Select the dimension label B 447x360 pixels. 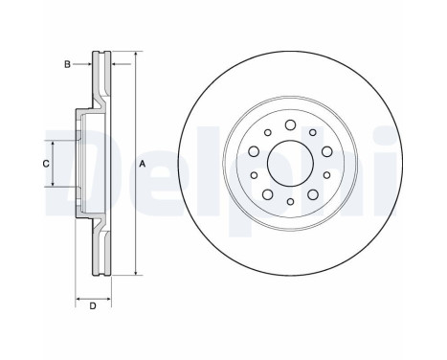pos(67,65)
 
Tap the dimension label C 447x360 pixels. pos(44,165)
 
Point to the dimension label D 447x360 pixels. pos(92,306)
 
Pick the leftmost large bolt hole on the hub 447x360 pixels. pos(253,151)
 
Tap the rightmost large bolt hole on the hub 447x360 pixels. pos(326,151)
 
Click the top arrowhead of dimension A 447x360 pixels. pos(135,54)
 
